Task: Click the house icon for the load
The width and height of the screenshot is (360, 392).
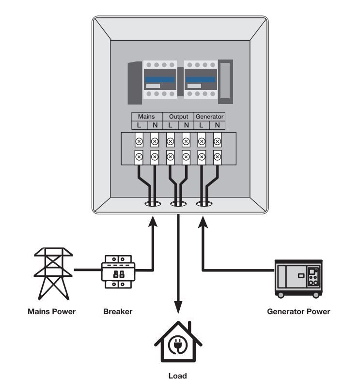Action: [x=178, y=342]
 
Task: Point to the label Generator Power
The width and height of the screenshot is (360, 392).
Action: [x=298, y=312]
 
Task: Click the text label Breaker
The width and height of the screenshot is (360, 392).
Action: [x=117, y=312]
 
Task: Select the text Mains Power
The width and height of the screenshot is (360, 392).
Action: [x=51, y=312]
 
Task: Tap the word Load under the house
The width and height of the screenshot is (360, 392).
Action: [x=177, y=376]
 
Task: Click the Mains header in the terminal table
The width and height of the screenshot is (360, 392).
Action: [x=146, y=117]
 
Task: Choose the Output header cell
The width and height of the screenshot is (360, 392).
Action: [x=178, y=117]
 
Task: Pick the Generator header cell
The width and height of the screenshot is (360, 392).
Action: [x=209, y=117]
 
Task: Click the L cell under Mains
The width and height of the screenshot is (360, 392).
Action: [x=139, y=125]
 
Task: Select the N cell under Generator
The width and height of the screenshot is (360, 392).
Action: [x=217, y=125]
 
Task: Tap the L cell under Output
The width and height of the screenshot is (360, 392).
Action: [x=170, y=125]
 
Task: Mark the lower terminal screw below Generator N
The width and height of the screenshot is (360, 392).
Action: [x=218, y=156]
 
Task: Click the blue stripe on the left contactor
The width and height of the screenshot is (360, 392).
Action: [x=159, y=80]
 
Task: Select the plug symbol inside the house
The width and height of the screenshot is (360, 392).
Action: [x=178, y=347]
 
